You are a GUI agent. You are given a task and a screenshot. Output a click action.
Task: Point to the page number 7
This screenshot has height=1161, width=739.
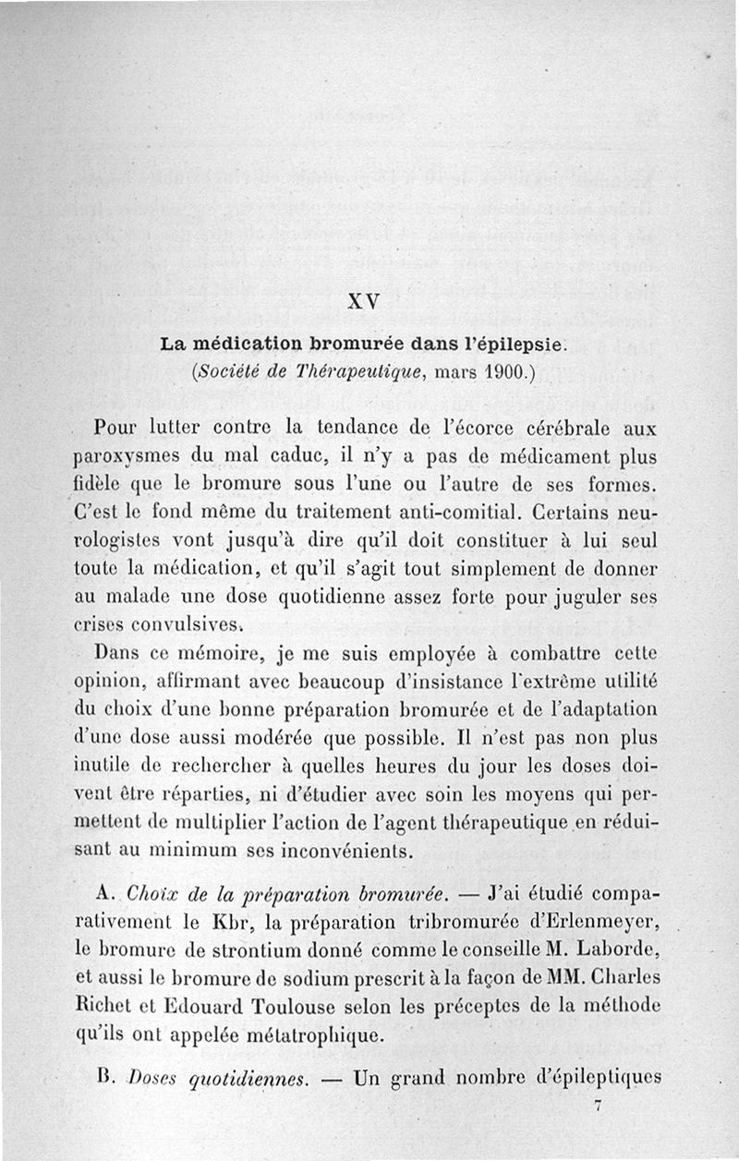(x=599, y=1107)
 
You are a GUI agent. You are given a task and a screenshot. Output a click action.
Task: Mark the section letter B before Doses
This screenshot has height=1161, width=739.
(x=102, y=1078)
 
